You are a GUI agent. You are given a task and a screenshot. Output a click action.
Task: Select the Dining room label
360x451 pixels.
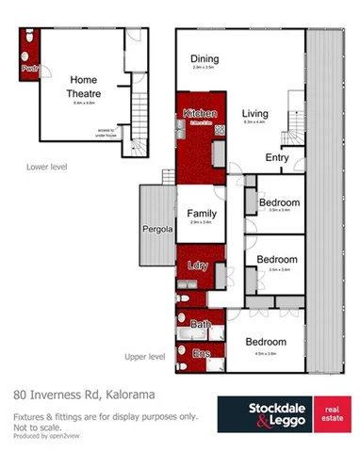pyautogui.click(x=205, y=57)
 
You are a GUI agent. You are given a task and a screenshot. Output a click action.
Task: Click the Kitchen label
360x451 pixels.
pyautogui.click(x=200, y=113)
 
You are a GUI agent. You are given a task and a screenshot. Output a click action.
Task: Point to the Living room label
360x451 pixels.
pyautogui.click(x=256, y=112)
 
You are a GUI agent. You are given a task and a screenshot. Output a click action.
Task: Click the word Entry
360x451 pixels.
pyautogui.click(x=277, y=157)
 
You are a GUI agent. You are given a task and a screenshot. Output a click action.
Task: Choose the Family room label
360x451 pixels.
pyautogui.click(x=203, y=213)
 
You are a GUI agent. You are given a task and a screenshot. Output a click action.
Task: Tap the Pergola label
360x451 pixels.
pyautogui.click(x=156, y=229)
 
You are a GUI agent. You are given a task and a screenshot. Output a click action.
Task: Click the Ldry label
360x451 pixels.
pyautogui.click(x=198, y=266)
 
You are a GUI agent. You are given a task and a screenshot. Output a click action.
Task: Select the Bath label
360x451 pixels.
pyautogui.click(x=201, y=324)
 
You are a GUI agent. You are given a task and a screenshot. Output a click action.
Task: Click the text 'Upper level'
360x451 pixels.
pyautogui.click(x=145, y=357)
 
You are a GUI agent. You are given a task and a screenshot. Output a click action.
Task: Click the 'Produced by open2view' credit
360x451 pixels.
pyautogui.click(x=46, y=437)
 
